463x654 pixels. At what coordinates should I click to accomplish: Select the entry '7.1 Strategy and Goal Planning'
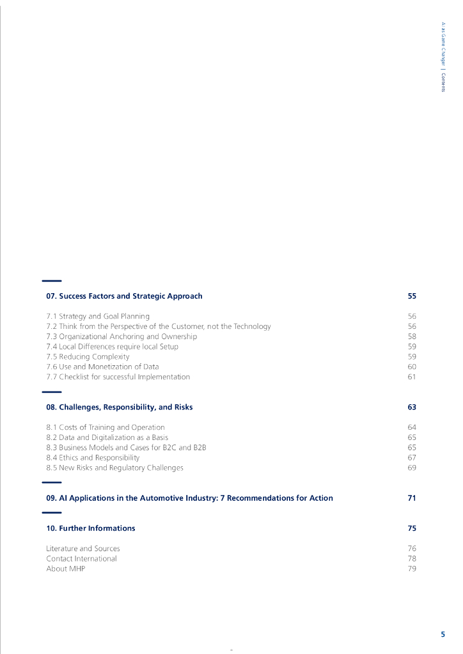(98, 316)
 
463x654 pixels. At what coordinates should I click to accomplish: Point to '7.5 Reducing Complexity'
(88, 356)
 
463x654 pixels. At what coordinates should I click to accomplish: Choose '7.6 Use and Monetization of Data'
(102, 367)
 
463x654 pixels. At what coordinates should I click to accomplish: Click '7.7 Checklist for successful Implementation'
(118, 377)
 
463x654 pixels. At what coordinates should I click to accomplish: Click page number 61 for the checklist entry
(412, 377)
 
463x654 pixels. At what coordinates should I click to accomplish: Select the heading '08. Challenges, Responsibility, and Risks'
(119, 407)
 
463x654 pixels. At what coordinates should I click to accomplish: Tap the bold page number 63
(412, 407)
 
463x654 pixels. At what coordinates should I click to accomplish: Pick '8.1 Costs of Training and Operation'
(106, 427)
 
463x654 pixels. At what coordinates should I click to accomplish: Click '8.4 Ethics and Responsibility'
(93, 457)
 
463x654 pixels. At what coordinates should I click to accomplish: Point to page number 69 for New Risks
(412, 468)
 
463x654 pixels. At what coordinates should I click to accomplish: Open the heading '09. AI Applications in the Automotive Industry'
(189, 498)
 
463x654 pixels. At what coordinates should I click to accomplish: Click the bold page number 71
(412, 498)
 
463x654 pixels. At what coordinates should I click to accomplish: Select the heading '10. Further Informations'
(91, 528)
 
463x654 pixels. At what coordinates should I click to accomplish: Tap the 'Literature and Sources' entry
(83, 549)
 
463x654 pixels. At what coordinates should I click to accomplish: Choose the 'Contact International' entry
(81, 558)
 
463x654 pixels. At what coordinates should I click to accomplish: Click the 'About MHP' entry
(65, 568)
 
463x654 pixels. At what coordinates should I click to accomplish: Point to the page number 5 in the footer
(443, 634)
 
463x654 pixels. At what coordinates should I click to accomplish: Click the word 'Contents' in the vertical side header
(443, 82)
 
